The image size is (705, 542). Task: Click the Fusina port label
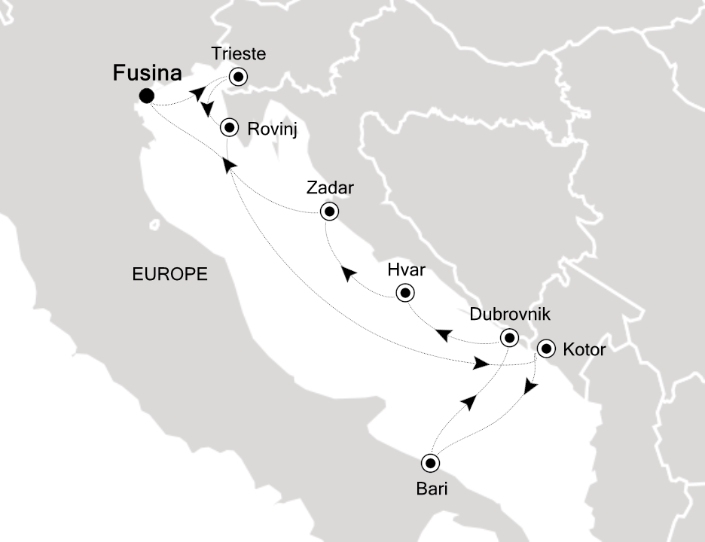(147, 74)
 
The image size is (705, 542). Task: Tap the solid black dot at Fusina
(147, 96)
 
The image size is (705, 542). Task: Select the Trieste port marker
(240, 76)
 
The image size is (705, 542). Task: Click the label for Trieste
(239, 55)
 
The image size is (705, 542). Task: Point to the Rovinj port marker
(230, 128)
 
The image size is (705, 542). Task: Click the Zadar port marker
(329, 212)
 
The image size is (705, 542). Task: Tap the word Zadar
(330, 188)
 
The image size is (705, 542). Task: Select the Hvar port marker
(405, 293)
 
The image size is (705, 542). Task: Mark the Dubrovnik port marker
(510, 336)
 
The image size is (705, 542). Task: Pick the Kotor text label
(584, 349)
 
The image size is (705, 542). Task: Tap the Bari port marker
(430, 463)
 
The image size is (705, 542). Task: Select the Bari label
(432, 489)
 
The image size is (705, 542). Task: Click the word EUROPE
(169, 275)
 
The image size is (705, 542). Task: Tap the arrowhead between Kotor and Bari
(530, 385)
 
